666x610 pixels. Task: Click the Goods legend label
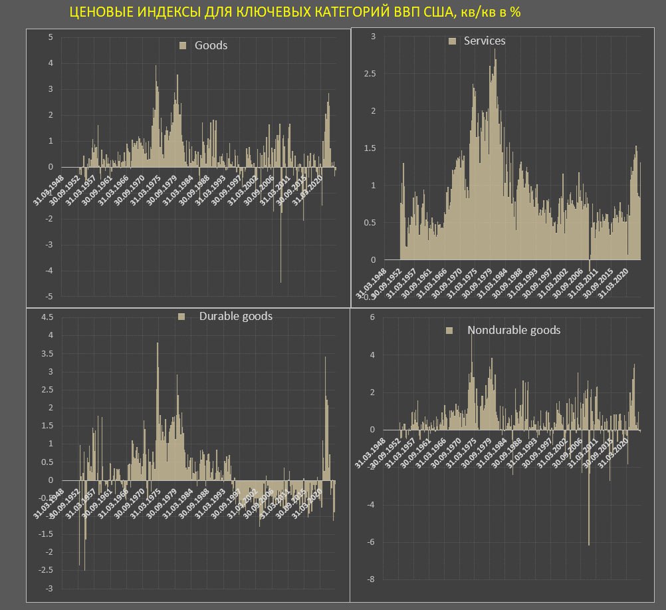[211, 46]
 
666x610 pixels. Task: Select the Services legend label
[484, 41]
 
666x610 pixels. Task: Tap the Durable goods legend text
[235, 317]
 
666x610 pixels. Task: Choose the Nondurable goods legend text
[513, 331]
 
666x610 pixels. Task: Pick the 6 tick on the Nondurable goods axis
[371, 318]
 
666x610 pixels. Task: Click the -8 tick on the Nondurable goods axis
[370, 579]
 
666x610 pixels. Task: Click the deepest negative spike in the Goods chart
[280, 281]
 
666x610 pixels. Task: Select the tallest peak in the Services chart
[495, 51]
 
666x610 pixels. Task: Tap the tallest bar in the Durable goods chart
[158, 345]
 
